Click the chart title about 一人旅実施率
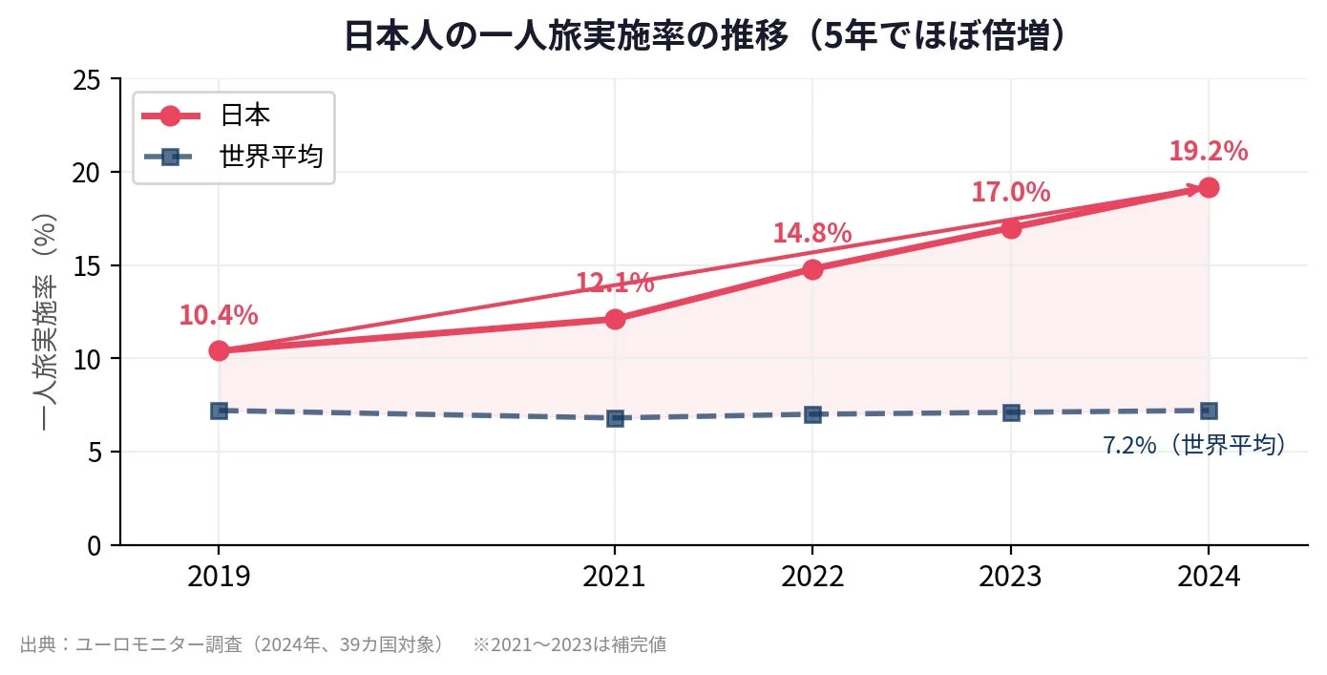point(705,36)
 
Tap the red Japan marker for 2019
point(219,351)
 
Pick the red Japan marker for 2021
point(615,319)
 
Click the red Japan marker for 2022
point(812,269)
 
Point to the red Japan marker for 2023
point(1011,228)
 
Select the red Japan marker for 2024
point(1209,187)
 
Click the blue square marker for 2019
point(219,411)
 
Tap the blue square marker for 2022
point(812,414)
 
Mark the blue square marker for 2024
point(1209,411)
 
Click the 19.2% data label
point(1208,152)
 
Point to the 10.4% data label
point(219,315)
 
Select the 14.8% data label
point(811,233)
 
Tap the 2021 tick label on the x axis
point(615,577)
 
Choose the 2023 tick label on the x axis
point(1011,577)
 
